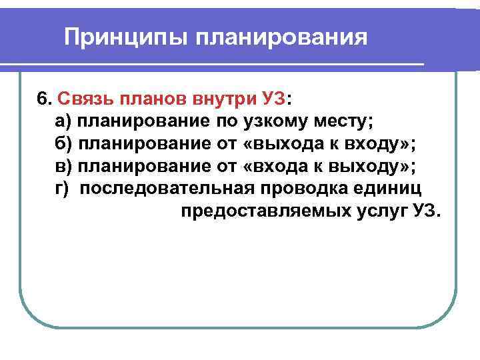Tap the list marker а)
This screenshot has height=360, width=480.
(x=63, y=121)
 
